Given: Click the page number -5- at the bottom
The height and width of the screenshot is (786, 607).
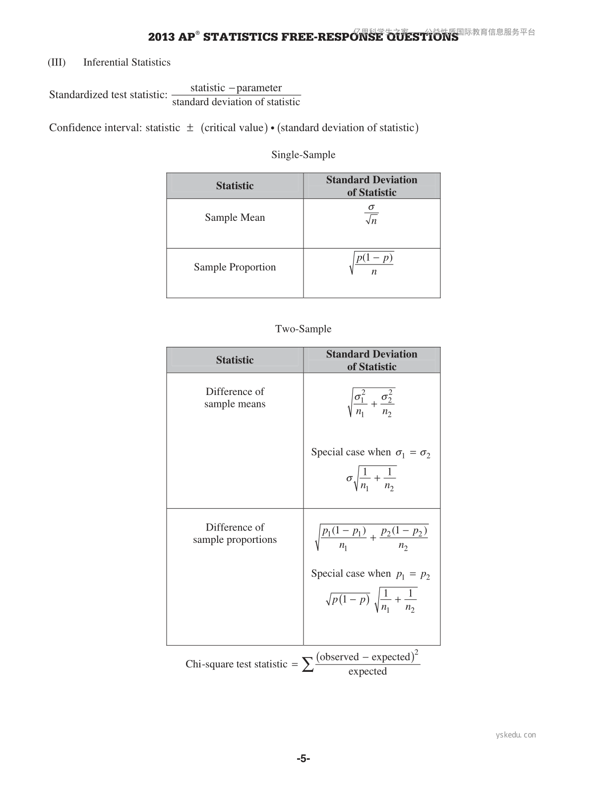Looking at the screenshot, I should [x=303, y=758].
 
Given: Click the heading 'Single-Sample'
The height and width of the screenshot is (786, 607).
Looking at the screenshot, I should [x=303, y=155].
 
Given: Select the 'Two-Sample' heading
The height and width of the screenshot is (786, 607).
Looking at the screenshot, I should [x=303, y=329].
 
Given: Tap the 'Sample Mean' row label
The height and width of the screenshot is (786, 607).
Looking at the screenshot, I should [x=235, y=217].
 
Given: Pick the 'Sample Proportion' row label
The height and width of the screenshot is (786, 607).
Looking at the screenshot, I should [x=235, y=267].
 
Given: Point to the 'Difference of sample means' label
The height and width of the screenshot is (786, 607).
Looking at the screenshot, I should [x=235, y=397].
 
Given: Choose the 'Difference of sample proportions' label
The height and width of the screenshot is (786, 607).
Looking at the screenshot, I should [x=235, y=533].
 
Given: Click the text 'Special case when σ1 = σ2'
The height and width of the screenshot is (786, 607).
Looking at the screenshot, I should [x=370, y=453].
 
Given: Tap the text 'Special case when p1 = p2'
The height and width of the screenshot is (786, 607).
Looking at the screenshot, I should [x=370, y=574].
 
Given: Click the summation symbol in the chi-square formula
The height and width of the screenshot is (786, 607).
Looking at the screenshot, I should [x=308, y=664].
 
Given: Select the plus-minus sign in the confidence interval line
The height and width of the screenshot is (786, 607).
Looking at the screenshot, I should [x=190, y=128].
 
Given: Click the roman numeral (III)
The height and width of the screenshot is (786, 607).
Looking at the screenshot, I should [x=57, y=63].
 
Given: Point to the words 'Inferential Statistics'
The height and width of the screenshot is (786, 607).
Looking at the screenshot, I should [x=127, y=63].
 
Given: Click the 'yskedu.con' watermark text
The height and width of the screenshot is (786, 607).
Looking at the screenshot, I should [x=516, y=735].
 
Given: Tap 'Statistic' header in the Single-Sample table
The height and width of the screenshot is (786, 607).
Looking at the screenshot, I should [x=235, y=186].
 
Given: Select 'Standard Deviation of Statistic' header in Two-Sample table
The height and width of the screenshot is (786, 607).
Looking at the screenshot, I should [x=371, y=360].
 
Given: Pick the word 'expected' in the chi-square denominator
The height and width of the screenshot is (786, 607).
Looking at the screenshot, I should [x=367, y=671].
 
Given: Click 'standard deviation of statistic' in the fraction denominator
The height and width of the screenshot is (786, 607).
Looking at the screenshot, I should [x=236, y=102].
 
